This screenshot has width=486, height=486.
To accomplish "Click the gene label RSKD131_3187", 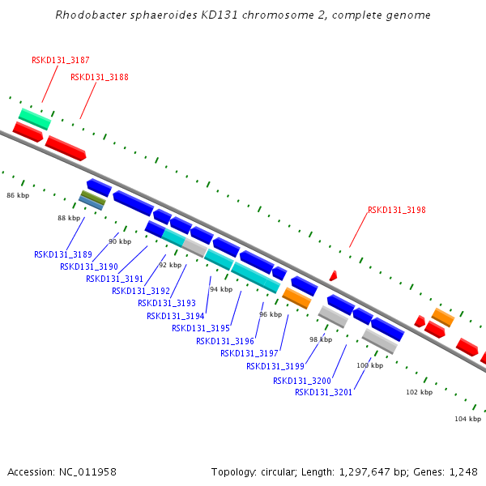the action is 61,60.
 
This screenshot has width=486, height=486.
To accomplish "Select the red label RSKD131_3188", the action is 100,77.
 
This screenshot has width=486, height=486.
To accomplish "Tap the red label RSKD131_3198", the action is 397,210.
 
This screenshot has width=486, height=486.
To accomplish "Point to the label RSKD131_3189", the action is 63,254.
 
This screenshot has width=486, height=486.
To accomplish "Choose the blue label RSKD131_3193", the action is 167,303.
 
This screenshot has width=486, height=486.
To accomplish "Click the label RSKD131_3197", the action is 249,353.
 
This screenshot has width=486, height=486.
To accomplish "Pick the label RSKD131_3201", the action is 323,392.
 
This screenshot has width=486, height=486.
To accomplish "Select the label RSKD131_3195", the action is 201,328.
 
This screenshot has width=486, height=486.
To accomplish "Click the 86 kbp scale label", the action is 18,195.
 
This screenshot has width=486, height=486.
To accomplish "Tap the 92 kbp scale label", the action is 170,265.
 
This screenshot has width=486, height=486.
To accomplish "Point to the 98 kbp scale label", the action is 321,339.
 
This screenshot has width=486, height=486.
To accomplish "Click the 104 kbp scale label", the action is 467,419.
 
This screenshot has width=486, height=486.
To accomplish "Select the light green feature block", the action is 35,119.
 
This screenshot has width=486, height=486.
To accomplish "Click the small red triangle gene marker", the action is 333,275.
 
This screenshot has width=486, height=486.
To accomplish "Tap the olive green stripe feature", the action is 93,198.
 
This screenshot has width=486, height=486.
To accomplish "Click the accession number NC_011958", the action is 87,472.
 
